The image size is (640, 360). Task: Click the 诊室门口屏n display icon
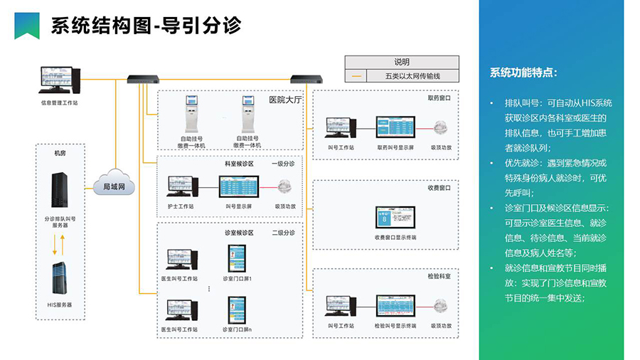point(237,310)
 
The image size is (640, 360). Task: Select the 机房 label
point(60,152)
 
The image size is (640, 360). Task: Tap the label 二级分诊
point(282,233)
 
